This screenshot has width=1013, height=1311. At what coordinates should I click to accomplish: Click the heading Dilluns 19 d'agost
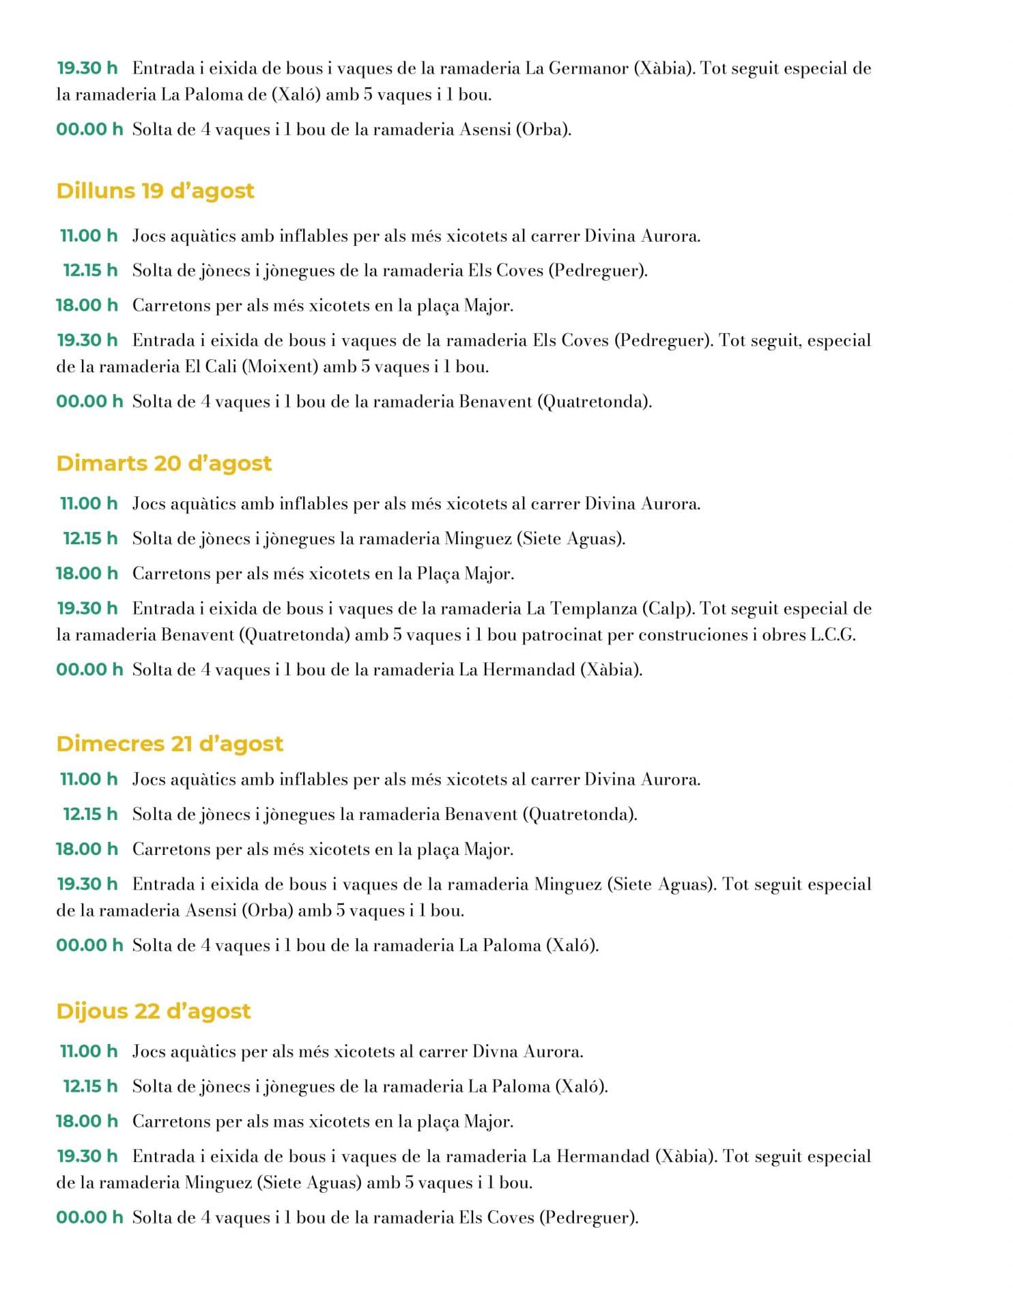tap(155, 191)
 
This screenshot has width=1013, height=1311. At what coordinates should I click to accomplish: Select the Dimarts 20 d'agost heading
tap(164, 463)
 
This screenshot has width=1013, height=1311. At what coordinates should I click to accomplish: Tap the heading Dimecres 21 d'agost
tap(169, 743)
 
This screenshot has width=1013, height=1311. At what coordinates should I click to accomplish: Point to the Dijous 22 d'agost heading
tap(154, 1011)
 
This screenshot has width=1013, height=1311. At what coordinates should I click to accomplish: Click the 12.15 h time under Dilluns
tap(90, 270)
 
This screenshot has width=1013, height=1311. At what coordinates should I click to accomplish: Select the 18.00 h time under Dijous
tap(87, 1121)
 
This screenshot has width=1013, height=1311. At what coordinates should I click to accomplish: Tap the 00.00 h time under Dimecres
tap(89, 945)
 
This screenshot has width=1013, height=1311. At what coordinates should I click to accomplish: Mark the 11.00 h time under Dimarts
tap(89, 504)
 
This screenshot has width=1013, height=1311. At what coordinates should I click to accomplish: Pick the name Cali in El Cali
tap(220, 367)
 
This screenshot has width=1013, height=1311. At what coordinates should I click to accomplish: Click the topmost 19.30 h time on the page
tap(87, 68)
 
